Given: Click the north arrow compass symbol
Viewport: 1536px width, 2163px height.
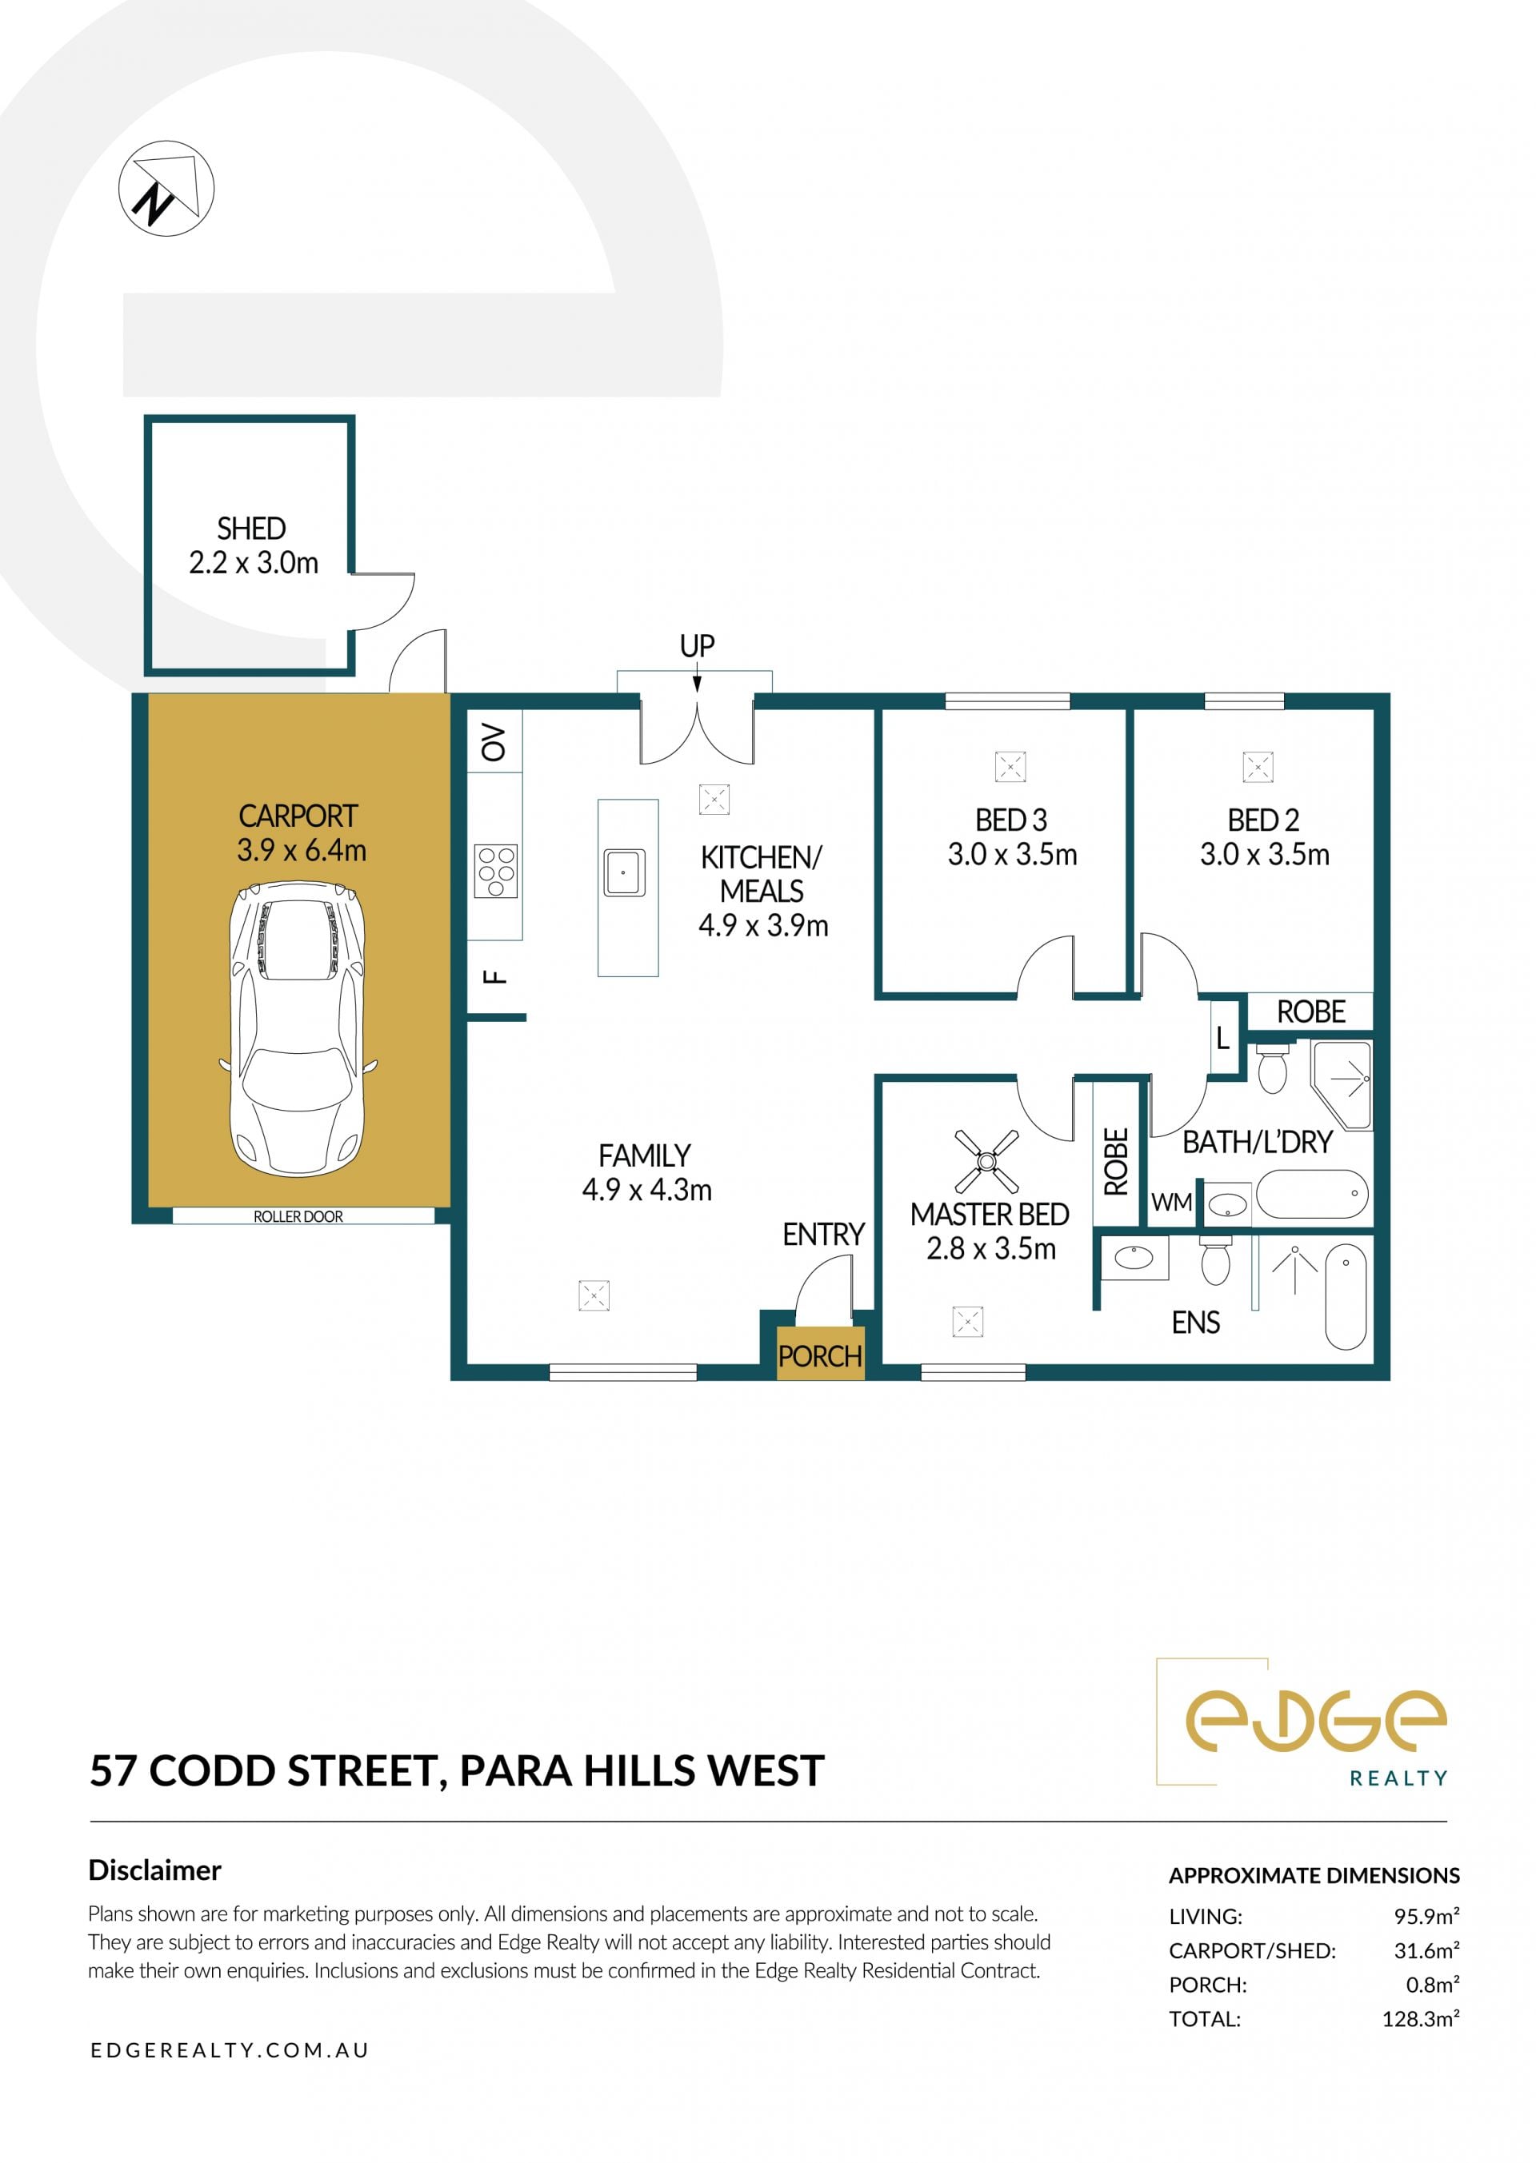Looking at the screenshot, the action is [166, 189].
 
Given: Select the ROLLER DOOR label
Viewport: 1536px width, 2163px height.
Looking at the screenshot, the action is [298, 1217].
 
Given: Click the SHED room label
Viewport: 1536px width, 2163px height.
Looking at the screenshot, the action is [251, 529].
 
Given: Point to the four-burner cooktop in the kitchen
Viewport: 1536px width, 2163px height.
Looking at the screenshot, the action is [497, 871].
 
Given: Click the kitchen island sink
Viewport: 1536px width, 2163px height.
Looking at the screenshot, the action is [624, 872].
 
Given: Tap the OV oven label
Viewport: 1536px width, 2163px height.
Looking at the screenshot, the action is [494, 742].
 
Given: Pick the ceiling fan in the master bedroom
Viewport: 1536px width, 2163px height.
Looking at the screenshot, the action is [986, 1161].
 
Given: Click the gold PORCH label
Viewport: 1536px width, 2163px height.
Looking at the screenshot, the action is [820, 1357].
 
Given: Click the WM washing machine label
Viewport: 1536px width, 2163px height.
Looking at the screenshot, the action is [1172, 1203].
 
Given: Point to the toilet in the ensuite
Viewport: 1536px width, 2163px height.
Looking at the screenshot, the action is [1214, 1260].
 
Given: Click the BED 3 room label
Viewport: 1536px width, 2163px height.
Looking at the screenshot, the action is [1011, 820].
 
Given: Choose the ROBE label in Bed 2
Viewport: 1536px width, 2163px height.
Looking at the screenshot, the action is [1311, 1012].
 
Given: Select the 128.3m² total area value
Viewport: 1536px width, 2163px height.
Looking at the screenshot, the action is [1421, 2018].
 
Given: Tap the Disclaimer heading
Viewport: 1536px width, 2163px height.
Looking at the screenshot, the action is [154, 1870].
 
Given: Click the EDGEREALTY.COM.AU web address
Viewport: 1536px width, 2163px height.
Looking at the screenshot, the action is [230, 2049].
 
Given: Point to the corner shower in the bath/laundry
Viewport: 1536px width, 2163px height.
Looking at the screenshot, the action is [1341, 1085].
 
